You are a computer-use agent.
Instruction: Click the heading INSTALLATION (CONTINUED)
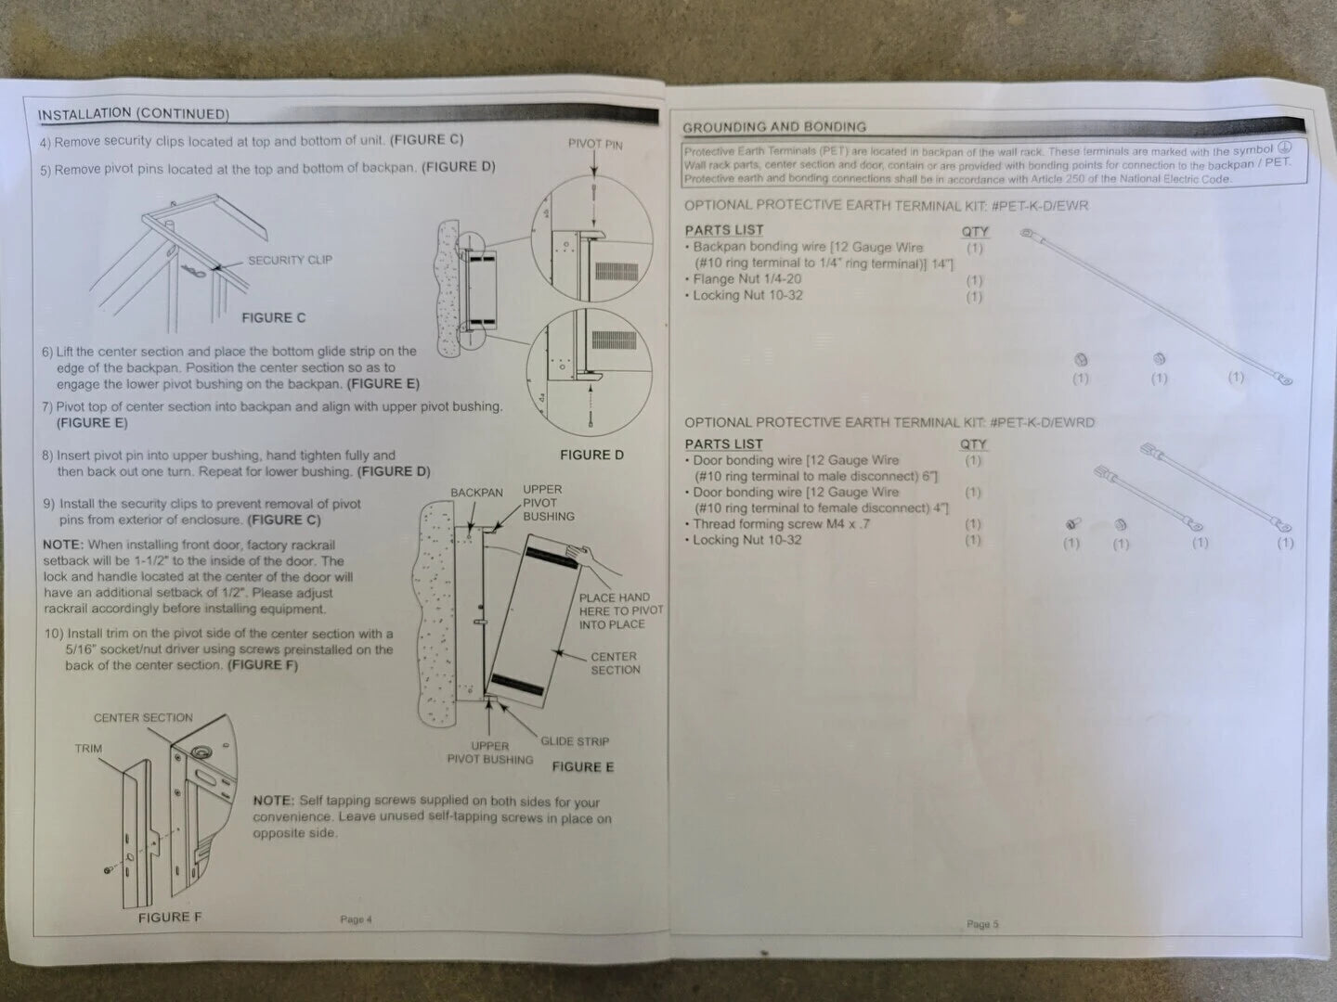pyautogui.click(x=134, y=114)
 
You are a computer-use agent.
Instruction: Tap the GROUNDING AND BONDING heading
pyautogui.click(x=774, y=127)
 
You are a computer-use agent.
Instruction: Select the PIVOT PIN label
pyautogui.click(x=595, y=144)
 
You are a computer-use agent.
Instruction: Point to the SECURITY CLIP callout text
pyautogui.click(x=290, y=261)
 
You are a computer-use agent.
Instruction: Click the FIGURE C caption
pyautogui.click(x=274, y=317)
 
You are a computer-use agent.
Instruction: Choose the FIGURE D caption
pyautogui.click(x=592, y=455)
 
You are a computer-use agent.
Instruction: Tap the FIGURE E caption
pyautogui.click(x=583, y=766)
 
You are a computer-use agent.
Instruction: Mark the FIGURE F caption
pyautogui.click(x=170, y=918)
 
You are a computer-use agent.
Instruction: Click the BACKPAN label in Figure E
pyautogui.click(x=477, y=492)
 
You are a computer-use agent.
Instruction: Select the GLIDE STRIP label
pyautogui.click(x=575, y=741)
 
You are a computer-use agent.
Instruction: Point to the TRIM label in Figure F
pyautogui.click(x=88, y=749)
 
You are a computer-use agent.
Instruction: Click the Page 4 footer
pyautogui.click(x=356, y=919)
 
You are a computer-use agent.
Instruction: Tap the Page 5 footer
pyautogui.click(x=982, y=924)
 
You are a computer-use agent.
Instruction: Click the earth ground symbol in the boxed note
pyautogui.click(x=1285, y=148)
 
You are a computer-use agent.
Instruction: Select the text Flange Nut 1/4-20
pyautogui.click(x=746, y=279)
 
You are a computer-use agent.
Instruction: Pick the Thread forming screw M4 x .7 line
pyautogui.click(x=782, y=524)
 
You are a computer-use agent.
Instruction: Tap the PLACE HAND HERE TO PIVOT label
pyautogui.click(x=621, y=610)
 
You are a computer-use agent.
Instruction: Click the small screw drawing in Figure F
pyautogui.click(x=108, y=870)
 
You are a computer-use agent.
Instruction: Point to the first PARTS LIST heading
pyautogui.click(x=723, y=230)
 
